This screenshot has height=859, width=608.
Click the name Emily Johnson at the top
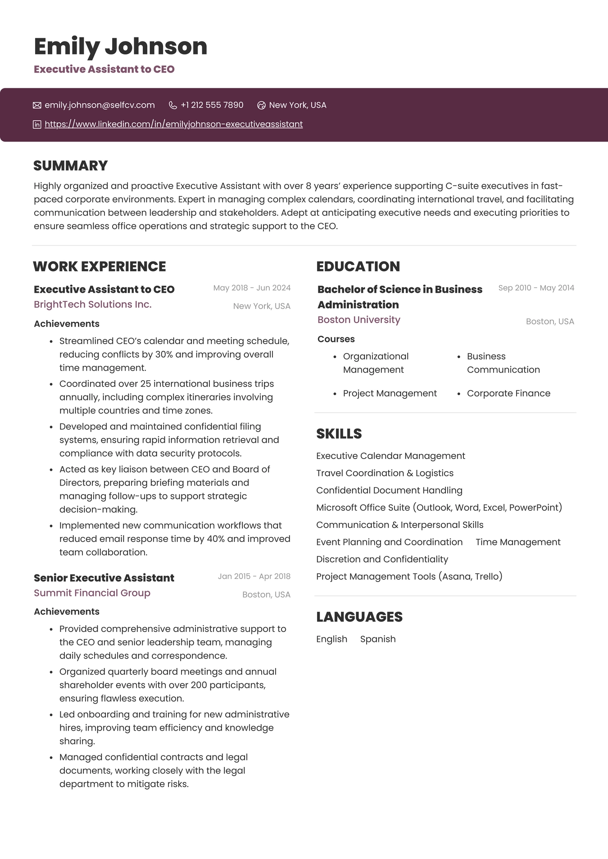tap(120, 46)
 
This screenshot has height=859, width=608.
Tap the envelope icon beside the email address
tap(37, 105)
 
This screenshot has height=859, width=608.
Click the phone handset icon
tap(172, 105)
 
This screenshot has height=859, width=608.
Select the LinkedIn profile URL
tap(173, 124)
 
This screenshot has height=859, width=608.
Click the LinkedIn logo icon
tap(37, 124)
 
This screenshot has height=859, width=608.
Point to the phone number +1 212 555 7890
tap(212, 105)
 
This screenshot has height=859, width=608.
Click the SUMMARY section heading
tap(70, 166)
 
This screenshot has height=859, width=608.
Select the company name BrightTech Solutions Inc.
tap(92, 305)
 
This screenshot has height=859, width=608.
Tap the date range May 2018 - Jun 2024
tap(252, 288)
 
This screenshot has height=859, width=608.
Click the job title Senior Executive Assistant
tap(104, 578)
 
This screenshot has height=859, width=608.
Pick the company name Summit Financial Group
tap(92, 593)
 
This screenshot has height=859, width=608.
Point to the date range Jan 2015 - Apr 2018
tap(254, 577)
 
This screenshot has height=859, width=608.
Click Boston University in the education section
tap(358, 320)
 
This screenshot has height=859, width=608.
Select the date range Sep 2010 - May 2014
tap(536, 288)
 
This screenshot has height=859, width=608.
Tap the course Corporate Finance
tap(508, 394)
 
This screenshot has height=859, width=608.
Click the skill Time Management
tap(518, 542)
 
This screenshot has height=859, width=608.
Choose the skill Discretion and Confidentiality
tap(382, 559)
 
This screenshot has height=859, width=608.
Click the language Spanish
tap(378, 639)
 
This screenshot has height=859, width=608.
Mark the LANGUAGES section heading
tap(359, 617)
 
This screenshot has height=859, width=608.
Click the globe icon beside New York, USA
tap(261, 105)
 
